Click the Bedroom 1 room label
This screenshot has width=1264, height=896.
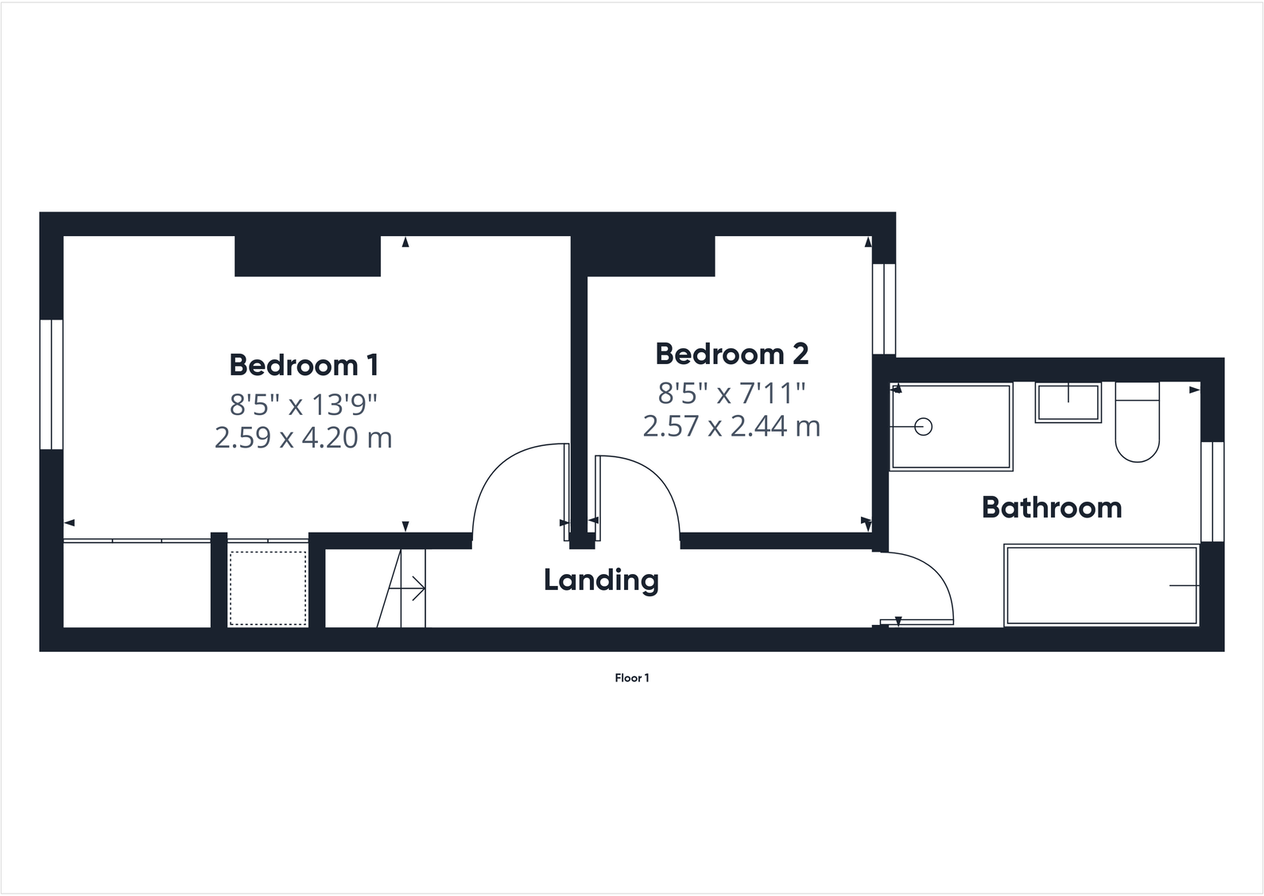[x=304, y=365]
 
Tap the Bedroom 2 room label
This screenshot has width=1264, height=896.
[x=731, y=354]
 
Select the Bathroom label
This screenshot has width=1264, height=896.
[x=1052, y=507]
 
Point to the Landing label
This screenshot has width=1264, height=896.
[x=601, y=580]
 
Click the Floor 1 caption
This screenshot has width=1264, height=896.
[x=632, y=678]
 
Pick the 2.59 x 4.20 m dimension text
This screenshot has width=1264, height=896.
[x=304, y=438]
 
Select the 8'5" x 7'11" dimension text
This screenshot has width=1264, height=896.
[x=731, y=392]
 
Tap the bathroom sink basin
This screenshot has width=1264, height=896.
[x=1068, y=402]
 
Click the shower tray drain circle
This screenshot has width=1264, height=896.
[x=923, y=427]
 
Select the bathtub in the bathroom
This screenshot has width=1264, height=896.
[x=1102, y=585]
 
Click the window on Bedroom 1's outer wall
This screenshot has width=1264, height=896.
[x=52, y=384]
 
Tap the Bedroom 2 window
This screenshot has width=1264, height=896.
[x=884, y=308]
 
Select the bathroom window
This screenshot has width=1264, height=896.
[x=1212, y=491]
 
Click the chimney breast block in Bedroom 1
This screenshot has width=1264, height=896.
[x=307, y=256]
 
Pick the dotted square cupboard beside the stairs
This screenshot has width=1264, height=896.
[x=268, y=588]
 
